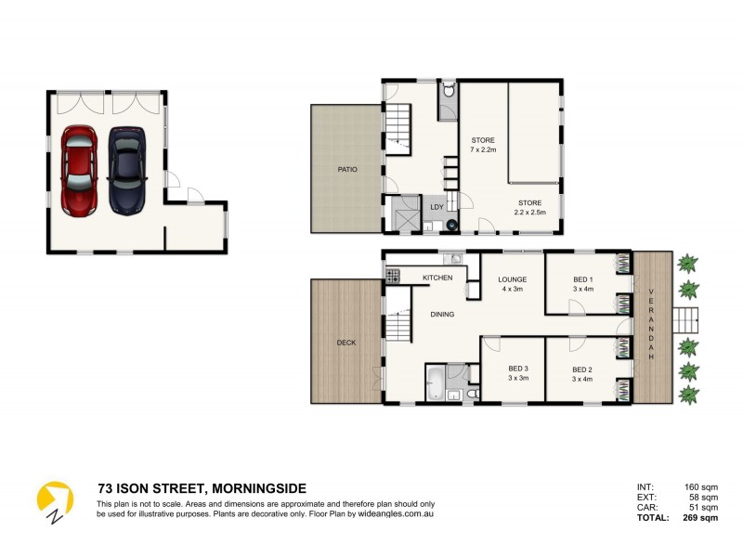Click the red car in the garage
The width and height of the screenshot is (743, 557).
(x=78, y=171)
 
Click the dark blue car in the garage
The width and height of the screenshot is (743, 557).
(x=125, y=171)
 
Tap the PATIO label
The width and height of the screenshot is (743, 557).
(x=346, y=169)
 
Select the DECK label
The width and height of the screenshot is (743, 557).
(x=345, y=343)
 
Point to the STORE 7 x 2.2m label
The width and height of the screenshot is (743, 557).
(x=483, y=145)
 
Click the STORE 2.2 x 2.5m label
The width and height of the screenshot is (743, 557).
(x=529, y=208)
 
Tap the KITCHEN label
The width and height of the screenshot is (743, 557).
(x=437, y=278)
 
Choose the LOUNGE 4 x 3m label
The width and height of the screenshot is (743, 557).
(x=512, y=283)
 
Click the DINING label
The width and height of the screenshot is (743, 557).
(x=442, y=314)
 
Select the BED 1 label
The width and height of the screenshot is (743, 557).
(x=582, y=283)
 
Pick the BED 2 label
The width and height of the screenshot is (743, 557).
(x=582, y=373)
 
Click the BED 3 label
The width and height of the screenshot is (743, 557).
(x=518, y=373)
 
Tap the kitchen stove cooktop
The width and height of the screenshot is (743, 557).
(x=393, y=276)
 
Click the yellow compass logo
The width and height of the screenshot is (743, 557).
(x=54, y=501)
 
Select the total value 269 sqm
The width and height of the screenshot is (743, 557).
(x=702, y=518)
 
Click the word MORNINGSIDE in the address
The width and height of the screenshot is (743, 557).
(x=259, y=488)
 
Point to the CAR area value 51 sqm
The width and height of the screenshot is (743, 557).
(x=703, y=508)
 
